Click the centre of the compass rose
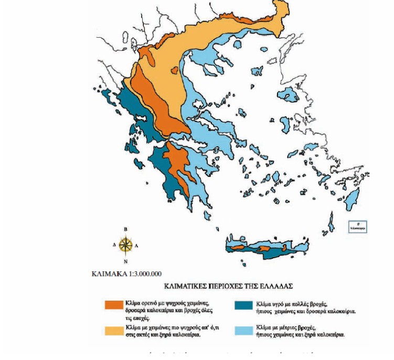coord(125,245)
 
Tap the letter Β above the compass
coord(125,229)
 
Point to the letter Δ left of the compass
coord(114,245)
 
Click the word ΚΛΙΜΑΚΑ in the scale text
coord(108,273)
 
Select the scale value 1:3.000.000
coord(143,273)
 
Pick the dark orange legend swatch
coord(114,305)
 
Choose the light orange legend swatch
coord(114,330)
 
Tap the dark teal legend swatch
coord(244,305)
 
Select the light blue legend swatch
coord(244,330)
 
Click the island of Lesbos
coord(285,125)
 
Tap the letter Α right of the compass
coord(137,245)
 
